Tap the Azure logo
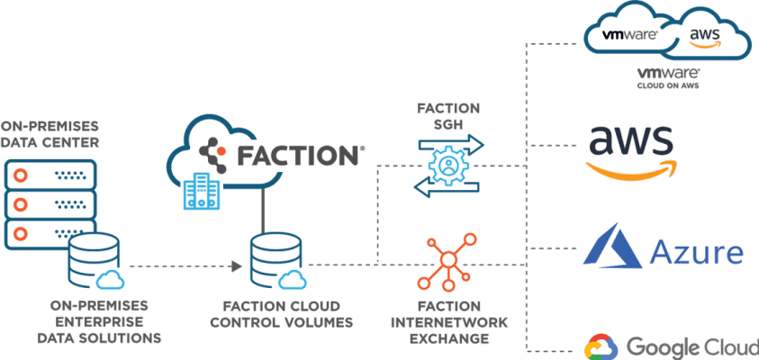pos(664,247)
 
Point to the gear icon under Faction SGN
pos(447,165)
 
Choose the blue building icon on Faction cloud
pos(201,191)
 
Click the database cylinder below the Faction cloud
pos(276,256)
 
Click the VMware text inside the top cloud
pos(623,36)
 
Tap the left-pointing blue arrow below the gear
pos(445,187)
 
